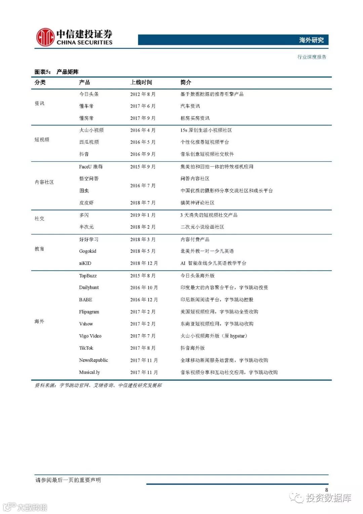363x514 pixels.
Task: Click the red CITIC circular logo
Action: [x=45, y=37]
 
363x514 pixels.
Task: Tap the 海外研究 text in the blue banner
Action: [x=311, y=40]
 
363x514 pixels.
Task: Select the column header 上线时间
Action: [x=141, y=82]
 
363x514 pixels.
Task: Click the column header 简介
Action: [x=186, y=82]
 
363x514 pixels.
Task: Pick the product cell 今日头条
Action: [x=89, y=94]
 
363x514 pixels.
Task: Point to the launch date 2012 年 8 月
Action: [x=143, y=94]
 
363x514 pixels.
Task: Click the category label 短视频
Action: [x=42, y=140]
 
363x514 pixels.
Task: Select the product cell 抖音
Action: [x=84, y=154]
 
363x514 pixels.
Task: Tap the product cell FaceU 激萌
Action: [x=91, y=167]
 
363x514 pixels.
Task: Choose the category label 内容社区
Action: [x=44, y=182]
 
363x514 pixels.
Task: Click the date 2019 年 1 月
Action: [x=143, y=215]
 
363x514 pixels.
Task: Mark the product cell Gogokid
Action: [x=88, y=251]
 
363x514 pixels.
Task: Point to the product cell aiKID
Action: [x=85, y=263]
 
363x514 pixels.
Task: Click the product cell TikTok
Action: [x=86, y=348]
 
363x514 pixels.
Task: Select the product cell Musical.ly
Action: [x=89, y=372]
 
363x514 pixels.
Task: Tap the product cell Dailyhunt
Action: [x=89, y=287]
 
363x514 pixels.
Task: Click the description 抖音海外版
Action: [x=193, y=348]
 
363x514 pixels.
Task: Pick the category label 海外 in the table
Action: [x=39, y=321]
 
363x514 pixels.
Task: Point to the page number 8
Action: [x=326, y=490]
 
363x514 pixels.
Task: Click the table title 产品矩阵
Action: [x=68, y=72]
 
